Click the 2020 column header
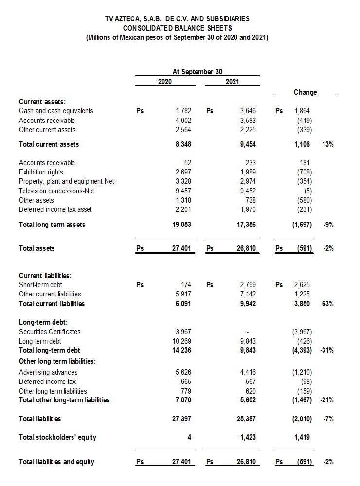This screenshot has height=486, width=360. tap(165, 81)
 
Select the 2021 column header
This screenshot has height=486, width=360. tap(233, 81)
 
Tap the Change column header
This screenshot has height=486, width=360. tap(305, 92)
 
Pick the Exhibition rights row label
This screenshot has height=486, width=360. tap(41, 172)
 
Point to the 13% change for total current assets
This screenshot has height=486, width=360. tap(327, 144)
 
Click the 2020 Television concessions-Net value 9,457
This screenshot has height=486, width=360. tap(183, 191)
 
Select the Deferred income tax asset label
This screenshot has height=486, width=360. tap(55, 209)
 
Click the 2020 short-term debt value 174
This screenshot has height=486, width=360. tap(185, 285)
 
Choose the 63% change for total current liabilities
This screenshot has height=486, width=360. tap(327, 304)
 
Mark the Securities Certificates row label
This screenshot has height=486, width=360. tap(50, 332)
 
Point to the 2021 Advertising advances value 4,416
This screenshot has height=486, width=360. tap(248, 372)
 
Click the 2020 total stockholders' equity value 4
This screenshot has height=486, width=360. tap(189, 437)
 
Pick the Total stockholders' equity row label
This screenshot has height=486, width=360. tap(57, 437)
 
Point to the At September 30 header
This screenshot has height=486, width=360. tap(198, 72)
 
